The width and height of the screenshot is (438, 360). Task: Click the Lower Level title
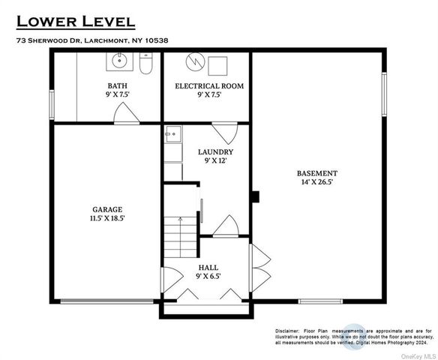click(x=76, y=22)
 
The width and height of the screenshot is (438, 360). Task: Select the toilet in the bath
click(x=145, y=63)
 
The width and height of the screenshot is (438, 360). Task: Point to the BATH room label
click(x=117, y=85)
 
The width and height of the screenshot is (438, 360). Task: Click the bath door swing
click(x=126, y=112)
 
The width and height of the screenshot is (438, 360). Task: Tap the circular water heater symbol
click(x=195, y=61)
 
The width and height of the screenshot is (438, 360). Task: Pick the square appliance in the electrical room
click(x=217, y=66)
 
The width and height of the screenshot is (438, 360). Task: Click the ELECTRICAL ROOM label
click(x=209, y=85)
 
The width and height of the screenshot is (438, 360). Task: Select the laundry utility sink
click(x=173, y=134)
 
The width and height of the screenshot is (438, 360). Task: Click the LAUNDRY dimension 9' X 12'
click(x=215, y=160)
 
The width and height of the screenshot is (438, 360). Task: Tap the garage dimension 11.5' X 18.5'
click(x=107, y=218)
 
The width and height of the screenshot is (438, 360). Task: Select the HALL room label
click(x=208, y=268)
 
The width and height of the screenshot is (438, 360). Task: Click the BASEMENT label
click(x=317, y=173)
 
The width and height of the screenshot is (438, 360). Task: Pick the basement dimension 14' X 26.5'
click(x=317, y=182)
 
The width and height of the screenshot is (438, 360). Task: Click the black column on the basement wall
click(x=256, y=196)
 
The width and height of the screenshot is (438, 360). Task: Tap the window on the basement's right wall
click(x=384, y=94)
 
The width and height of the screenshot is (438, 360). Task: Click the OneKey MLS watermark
click(x=418, y=357)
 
